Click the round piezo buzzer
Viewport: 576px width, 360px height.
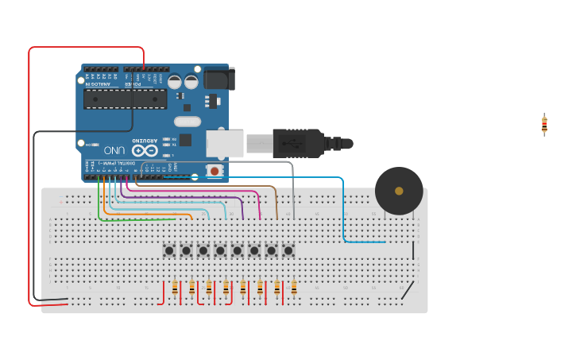click(x=399, y=191)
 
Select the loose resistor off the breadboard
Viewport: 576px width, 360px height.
click(x=544, y=124)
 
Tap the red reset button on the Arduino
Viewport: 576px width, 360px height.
click(x=214, y=171)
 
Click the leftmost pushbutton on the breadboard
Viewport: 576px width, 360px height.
click(x=169, y=250)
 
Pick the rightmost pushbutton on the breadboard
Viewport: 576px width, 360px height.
click(x=288, y=250)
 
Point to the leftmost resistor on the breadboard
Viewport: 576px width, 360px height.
click(x=175, y=288)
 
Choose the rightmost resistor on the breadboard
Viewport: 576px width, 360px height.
click(x=293, y=288)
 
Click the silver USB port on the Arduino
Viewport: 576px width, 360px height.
click(x=225, y=143)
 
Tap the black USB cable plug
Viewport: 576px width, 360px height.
click(x=298, y=143)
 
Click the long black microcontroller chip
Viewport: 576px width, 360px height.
click(x=126, y=99)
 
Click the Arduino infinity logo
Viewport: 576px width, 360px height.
click(x=145, y=149)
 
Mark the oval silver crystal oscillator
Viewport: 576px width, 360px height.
click(x=187, y=122)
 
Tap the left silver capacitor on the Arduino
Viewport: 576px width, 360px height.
click(x=175, y=82)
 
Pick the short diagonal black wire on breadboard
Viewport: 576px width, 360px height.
click(x=407, y=291)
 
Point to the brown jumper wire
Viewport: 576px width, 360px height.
click(x=276, y=203)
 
